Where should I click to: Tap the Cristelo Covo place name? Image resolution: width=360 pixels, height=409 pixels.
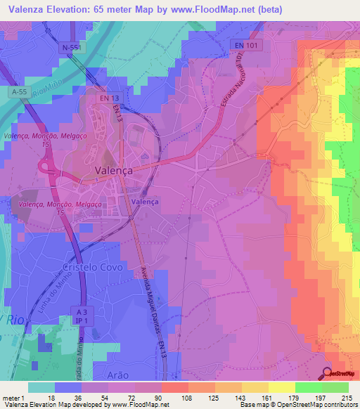coord(94,268)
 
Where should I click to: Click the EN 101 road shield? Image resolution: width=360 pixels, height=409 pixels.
coord(244,45)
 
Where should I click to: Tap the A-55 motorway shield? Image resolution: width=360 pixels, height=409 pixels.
coord(19,91)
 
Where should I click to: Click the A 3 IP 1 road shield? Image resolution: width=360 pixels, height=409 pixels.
coord(81,315)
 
